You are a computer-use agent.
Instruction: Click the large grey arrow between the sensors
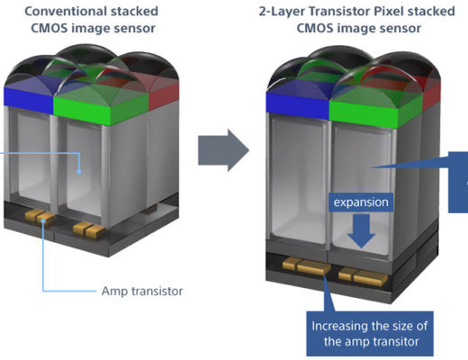tap(223, 150)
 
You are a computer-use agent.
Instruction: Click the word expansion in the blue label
tap(361, 202)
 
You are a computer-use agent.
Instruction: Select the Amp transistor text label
tap(142, 291)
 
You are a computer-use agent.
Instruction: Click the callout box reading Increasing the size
tap(370, 334)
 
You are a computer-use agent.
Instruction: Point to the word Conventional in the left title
tap(65, 12)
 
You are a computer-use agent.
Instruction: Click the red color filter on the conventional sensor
tap(164, 94)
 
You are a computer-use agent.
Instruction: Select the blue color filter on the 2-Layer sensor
tap(298, 104)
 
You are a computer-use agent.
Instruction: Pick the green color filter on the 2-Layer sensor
tap(375, 112)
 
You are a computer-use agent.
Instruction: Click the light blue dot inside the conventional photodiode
tap(79, 172)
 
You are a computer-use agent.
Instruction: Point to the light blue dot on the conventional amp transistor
tap(43, 220)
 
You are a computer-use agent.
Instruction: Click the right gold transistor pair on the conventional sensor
tap(89, 229)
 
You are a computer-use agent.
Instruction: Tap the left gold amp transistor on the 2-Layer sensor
tap(307, 265)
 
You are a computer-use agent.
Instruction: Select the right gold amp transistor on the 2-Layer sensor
tap(364, 276)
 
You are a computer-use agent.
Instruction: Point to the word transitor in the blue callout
tap(396, 341)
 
